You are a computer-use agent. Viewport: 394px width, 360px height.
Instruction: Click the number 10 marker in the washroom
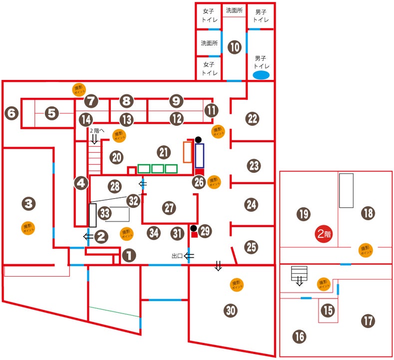tap(234, 47)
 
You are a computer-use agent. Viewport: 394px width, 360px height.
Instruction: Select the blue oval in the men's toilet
tap(261, 75)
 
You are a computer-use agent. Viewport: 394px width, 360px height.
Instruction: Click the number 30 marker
tap(230, 311)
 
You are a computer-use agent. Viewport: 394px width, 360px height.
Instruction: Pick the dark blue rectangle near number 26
tap(200, 155)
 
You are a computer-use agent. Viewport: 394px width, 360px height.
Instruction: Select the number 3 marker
tap(29, 203)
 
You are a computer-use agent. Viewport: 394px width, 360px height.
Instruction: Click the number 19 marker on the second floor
tap(303, 215)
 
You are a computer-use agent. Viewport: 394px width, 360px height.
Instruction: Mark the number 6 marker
tap(11, 113)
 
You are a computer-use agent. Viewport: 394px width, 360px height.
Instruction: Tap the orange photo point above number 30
tap(237, 285)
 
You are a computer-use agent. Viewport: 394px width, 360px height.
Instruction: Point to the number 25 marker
tap(252, 246)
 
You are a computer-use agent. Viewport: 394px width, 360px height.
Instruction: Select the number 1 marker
tap(128, 256)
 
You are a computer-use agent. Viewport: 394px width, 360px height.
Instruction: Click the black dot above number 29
tap(193, 228)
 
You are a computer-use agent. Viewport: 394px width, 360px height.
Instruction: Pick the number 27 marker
tap(169, 207)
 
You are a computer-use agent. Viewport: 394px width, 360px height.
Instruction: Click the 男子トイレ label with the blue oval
tap(261, 61)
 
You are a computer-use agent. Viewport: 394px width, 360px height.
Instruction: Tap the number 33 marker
tap(104, 213)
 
